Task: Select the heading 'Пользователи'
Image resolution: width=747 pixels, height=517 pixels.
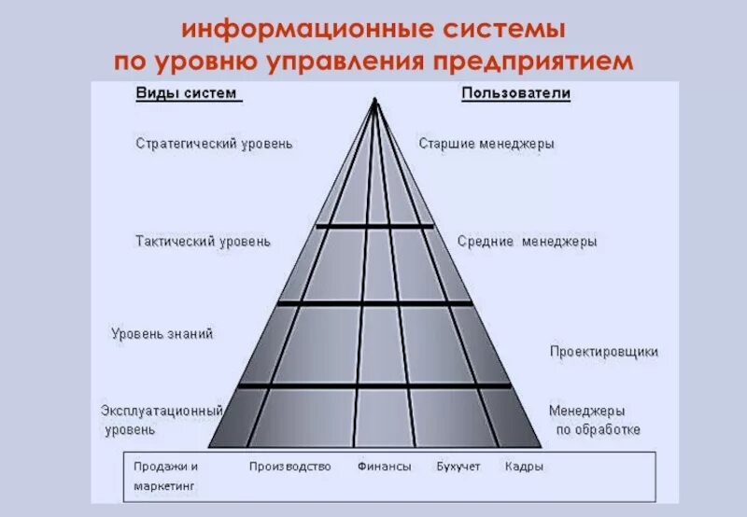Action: (x=515, y=94)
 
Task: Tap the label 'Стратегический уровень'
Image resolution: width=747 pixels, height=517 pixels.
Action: (x=214, y=144)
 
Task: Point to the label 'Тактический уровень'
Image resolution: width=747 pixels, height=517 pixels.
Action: (x=203, y=241)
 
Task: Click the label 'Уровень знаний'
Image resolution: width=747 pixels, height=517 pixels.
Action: (x=162, y=333)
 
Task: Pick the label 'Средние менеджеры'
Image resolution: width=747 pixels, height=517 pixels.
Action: (x=527, y=241)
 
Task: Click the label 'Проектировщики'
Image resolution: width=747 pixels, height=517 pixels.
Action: (x=603, y=352)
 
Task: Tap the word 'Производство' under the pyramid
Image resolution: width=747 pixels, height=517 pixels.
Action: (x=289, y=467)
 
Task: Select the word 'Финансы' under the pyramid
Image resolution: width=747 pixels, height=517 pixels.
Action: (x=384, y=467)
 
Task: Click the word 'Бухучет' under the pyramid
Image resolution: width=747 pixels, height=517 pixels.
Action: (x=458, y=467)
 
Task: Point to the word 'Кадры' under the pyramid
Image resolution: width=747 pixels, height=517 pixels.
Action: (x=524, y=467)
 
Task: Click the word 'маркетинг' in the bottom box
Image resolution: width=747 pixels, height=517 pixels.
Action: (x=163, y=487)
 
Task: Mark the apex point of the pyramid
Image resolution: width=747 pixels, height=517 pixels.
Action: (x=374, y=100)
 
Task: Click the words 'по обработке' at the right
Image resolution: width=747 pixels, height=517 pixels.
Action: (x=598, y=430)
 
